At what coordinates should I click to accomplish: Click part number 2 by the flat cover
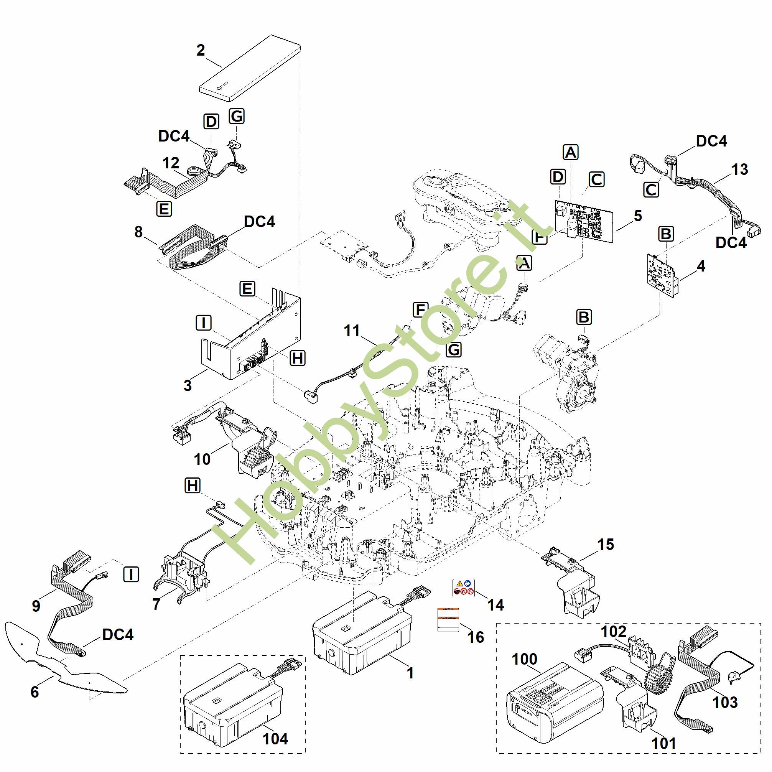201,51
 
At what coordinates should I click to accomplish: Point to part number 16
476,637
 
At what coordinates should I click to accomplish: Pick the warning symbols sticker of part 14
464,588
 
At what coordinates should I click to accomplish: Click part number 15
606,544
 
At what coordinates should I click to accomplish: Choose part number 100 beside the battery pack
525,659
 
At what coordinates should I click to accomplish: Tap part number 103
725,702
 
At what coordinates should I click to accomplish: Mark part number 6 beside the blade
35,692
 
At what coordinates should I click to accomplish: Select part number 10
202,459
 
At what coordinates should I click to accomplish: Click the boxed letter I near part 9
131,574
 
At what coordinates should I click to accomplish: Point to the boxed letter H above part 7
193,486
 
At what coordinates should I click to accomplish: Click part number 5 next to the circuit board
638,216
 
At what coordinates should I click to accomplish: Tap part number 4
701,266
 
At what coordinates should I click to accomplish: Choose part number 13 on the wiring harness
739,170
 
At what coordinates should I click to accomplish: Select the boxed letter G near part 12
237,116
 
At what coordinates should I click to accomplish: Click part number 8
138,231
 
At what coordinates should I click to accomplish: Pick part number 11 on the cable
352,331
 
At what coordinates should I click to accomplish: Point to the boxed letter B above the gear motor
584,317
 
